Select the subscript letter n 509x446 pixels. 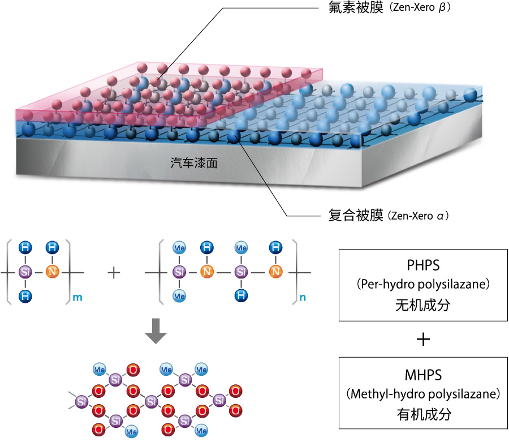(303, 297)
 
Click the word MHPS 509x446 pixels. (423, 375)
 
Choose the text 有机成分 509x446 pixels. (423, 414)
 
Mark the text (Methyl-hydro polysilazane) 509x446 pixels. (423, 393)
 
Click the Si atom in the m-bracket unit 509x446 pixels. (24, 272)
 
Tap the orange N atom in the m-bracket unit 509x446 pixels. (53, 272)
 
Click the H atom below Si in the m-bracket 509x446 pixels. (24, 295)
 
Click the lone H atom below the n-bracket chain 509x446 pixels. (241, 295)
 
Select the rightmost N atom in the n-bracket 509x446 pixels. (275, 272)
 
